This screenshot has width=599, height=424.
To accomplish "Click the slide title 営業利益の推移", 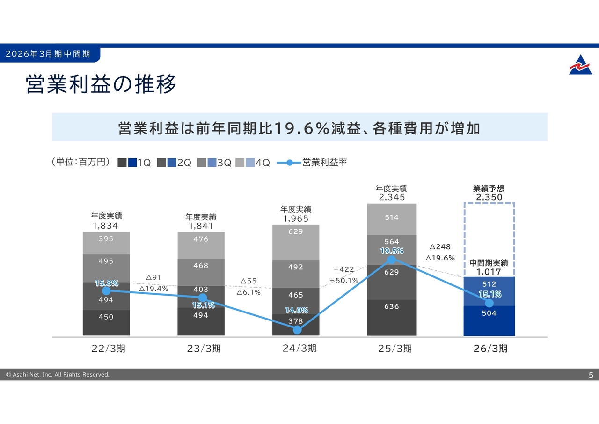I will (x=101, y=85).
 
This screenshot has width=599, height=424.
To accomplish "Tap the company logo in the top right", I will (x=580, y=65).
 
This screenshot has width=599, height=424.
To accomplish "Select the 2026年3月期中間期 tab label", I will (x=48, y=54).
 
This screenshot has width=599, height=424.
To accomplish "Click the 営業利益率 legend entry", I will (x=312, y=163).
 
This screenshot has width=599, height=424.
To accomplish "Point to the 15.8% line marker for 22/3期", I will (x=106, y=291).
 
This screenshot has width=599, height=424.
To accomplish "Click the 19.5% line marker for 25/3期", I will (x=392, y=260).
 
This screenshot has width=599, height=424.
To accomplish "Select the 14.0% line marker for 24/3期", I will (x=297, y=329).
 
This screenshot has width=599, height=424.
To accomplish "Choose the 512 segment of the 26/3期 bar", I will (x=489, y=284).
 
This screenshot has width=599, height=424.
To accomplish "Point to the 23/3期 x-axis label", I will (x=204, y=349).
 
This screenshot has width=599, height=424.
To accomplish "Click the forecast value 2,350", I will (x=489, y=197).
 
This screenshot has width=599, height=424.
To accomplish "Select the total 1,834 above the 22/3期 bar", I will (x=106, y=225).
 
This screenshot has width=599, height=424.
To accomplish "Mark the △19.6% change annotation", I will (x=440, y=258).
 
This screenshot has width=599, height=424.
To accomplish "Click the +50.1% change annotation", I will (x=344, y=281).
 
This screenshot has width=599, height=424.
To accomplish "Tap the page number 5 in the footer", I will (x=591, y=375).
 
